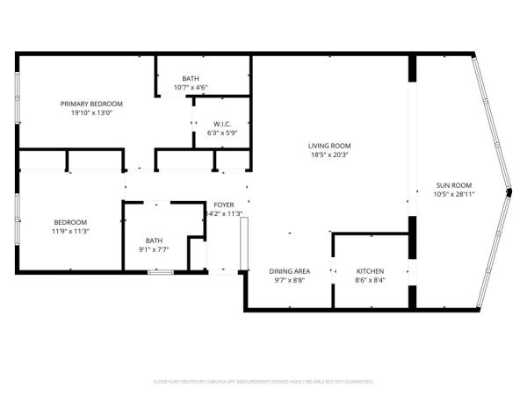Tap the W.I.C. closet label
point(221,124)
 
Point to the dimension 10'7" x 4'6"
point(191,87)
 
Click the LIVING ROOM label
point(329,146)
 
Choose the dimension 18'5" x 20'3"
point(329,155)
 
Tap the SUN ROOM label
point(455,185)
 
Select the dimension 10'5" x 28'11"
point(455,194)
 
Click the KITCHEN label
point(370,271)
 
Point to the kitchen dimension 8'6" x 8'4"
point(370,281)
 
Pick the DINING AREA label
point(288,271)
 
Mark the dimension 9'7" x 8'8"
point(288,281)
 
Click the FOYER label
point(223,204)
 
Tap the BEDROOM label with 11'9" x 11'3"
point(70,222)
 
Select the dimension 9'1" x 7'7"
point(154,249)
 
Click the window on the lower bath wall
point(159,273)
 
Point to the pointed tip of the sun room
point(509,190)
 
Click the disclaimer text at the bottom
point(263,382)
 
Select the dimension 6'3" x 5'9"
point(221,133)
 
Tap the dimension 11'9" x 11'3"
point(70,231)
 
